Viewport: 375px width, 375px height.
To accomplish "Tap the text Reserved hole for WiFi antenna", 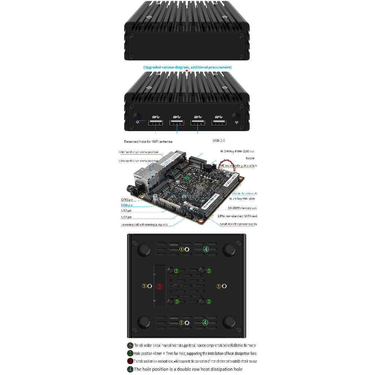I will click(148, 141).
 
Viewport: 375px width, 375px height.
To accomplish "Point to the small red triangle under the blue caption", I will click(187, 71).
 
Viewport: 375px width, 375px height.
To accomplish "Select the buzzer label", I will click(250, 158).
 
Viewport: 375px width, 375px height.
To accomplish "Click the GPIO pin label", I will click(127, 200).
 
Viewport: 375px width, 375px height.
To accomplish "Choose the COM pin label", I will click(127, 205).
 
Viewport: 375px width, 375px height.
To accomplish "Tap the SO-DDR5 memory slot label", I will click(242, 208).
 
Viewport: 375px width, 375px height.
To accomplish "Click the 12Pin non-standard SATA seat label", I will click(238, 216).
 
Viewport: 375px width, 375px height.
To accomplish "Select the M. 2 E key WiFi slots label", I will click(242, 198).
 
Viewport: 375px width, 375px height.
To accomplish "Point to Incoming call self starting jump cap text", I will click(144, 224).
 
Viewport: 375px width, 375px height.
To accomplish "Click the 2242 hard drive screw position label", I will click(138, 152).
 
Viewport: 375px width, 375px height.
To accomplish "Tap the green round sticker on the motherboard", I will click(186, 178).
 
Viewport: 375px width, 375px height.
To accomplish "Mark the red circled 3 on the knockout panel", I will click(159, 286).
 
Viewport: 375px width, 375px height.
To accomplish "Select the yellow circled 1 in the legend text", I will click(130, 345).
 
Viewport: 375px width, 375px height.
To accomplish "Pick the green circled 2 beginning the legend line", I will click(130, 353).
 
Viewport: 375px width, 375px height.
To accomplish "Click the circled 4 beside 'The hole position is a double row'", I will click(130, 369).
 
